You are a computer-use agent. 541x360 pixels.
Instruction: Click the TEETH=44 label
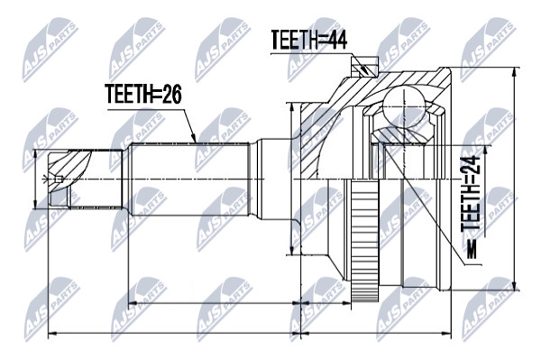308,40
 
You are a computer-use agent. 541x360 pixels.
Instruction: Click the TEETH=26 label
143,94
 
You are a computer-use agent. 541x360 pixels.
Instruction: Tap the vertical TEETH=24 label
471,194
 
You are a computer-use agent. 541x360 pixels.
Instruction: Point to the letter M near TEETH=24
471,249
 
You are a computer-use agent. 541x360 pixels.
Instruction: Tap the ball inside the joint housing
403,106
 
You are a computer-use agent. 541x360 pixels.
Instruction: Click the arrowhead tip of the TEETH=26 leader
196,143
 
